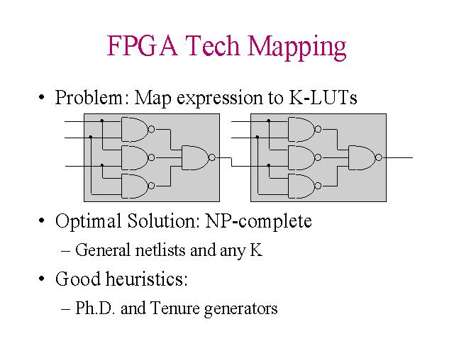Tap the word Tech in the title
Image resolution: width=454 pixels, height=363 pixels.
tap(211, 46)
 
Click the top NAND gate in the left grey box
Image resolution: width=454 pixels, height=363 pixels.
tap(136, 129)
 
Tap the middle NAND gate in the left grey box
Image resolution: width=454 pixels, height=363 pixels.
tap(136, 157)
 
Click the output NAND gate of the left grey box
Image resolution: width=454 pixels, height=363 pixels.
tap(196, 157)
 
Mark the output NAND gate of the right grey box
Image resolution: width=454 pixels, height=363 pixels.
tap(362, 157)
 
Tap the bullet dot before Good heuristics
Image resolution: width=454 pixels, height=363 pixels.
tap(43, 279)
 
